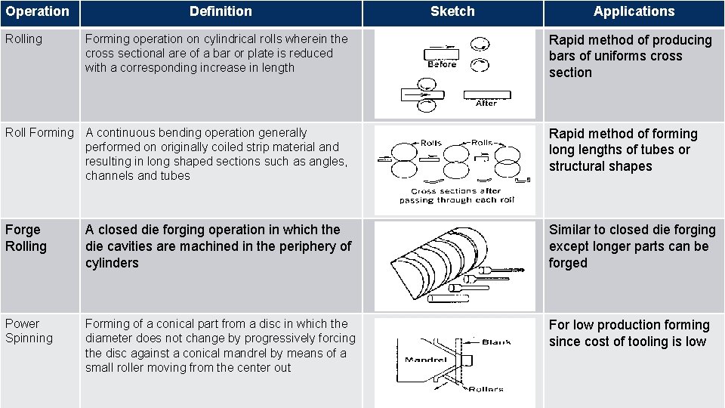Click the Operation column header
pyautogui.click(x=37, y=12)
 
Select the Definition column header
pyautogui.click(x=221, y=11)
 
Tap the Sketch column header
pyautogui.click(x=452, y=11)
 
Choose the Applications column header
pyautogui.click(x=634, y=11)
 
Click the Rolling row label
pyautogui.click(x=24, y=39)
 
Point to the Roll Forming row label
pyautogui.click(x=39, y=133)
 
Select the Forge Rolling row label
pyautogui.click(x=26, y=238)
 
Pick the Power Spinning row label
pyautogui.click(x=29, y=331)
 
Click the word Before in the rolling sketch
pyautogui.click(x=442, y=64)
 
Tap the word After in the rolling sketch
pyautogui.click(x=486, y=103)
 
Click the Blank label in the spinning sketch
pyautogui.click(x=495, y=342)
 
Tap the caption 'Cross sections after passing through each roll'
pyautogui.click(x=456, y=196)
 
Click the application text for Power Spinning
pyautogui.click(x=629, y=333)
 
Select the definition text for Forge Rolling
pyautogui.click(x=218, y=246)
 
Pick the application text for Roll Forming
pyautogui.click(x=622, y=150)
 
